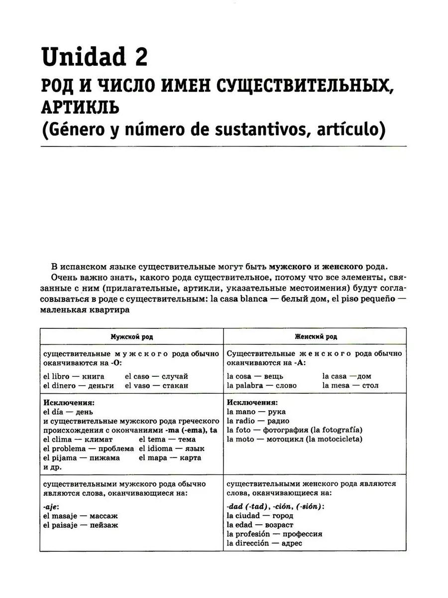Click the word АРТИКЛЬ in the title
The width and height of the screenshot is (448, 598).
[80, 106]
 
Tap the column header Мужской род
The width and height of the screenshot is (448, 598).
[131, 336]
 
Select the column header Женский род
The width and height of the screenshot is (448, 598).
[315, 336]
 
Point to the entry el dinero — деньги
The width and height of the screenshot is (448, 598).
[79, 385]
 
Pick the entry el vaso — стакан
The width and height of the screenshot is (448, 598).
[156, 385]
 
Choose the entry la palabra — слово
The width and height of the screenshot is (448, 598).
[261, 385]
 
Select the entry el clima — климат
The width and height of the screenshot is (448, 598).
[78, 439]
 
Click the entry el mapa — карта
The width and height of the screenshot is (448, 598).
[170, 457]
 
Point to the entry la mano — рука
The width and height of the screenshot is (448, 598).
[256, 412]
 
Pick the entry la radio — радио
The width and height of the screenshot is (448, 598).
[257, 421]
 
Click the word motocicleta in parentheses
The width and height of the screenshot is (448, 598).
[336, 439]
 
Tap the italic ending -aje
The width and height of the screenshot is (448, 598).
[51, 506]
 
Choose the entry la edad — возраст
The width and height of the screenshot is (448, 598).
[259, 525]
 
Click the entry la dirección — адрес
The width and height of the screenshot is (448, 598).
[264, 543]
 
